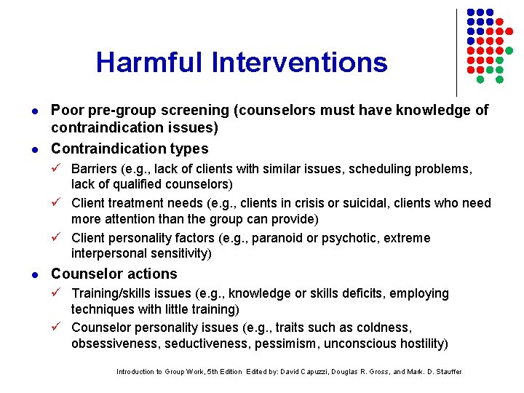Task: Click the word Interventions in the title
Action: coord(300,63)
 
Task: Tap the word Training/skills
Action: coord(120,293)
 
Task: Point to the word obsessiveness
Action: coord(117,344)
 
